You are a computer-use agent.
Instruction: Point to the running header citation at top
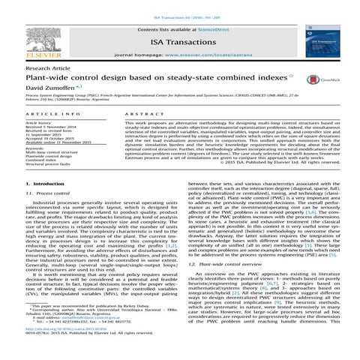coord(179,4)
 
